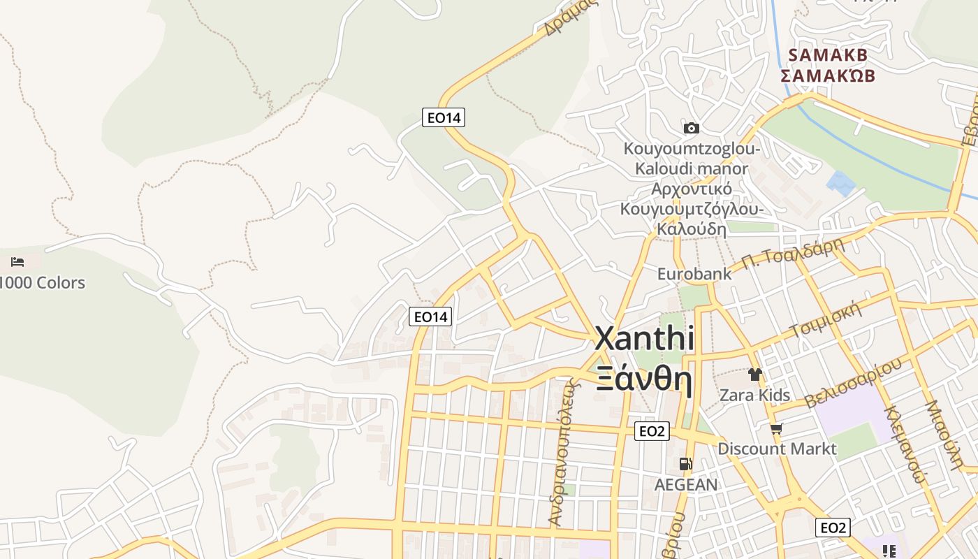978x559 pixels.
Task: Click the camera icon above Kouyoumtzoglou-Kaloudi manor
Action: [x=691, y=128]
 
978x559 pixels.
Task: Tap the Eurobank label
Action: [x=694, y=273]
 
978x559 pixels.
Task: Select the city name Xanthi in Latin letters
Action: [x=644, y=339]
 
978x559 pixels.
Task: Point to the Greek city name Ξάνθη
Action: [x=644, y=380]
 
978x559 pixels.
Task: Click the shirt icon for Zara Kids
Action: [x=754, y=375]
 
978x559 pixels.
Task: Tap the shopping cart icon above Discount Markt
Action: [x=776, y=428]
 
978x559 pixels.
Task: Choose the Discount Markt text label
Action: [x=777, y=449]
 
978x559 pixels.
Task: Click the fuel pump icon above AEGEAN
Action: [x=686, y=464]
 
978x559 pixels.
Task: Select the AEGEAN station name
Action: [x=686, y=484]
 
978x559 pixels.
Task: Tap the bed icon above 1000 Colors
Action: [x=17, y=262]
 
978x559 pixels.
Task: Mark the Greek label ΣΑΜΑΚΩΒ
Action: [x=827, y=75]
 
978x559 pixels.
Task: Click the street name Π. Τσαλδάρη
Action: [x=792, y=253]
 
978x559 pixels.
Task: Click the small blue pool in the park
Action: [x=840, y=184]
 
